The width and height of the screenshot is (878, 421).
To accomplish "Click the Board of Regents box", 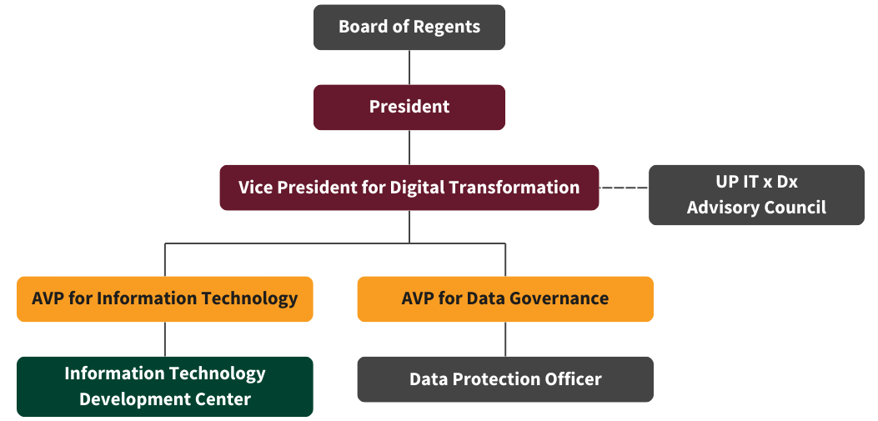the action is pyautogui.click(x=409, y=28).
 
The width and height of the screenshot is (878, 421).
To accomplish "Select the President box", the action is pyautogui.click(x=409, y=107).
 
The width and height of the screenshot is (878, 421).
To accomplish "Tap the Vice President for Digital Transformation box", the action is pyautogui.click(x=409, y=188).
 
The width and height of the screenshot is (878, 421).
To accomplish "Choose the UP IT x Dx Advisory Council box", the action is pyautogui.click(x=756, y=195).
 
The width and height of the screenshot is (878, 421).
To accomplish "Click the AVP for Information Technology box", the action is pyautogui.click(x=164, y=299).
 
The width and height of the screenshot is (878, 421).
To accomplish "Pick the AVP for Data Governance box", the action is pyautogui.click(x=505, y=299).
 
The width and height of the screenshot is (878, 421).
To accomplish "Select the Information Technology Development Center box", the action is pyautogui.click(x=164, y=386).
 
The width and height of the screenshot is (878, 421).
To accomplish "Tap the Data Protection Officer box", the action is pyautogui.click(x=505, y=379).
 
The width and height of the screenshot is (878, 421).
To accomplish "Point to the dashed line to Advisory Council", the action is pyautogui.click(x=624, y=188).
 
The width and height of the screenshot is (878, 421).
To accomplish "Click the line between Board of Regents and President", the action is pyautogui.click(x=409, y=68).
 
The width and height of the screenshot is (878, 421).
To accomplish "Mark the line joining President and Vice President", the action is pyautogui.click(x=409, y=148).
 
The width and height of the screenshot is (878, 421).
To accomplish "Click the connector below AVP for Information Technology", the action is pyautogui.click(x=164, y=338).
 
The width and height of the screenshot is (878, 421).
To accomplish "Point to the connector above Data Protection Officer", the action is pyautogui.click(x=505, y=338).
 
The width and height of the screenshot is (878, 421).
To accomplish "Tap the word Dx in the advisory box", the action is pyautogui.click(x=786, y=182).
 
